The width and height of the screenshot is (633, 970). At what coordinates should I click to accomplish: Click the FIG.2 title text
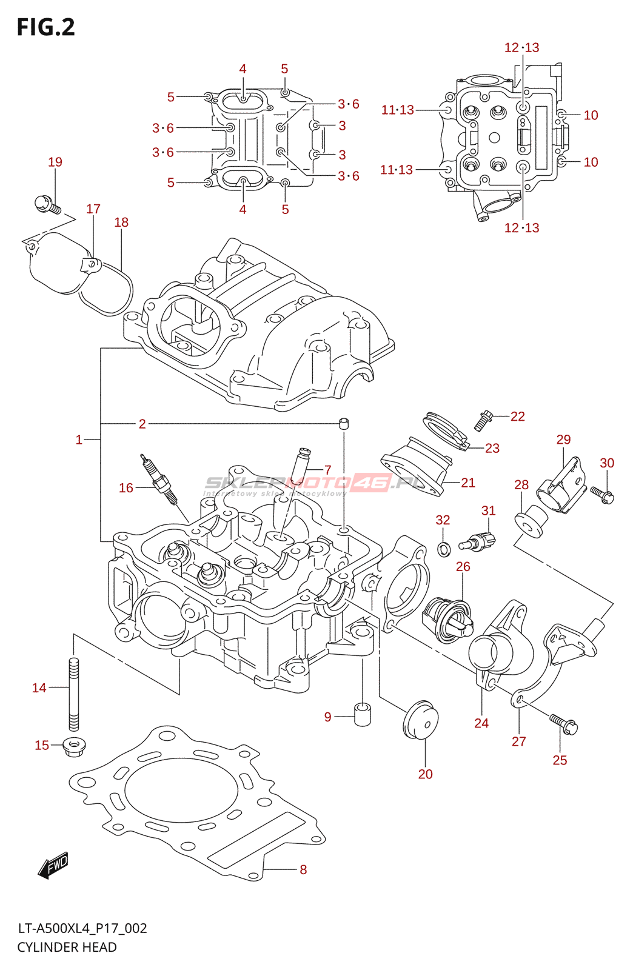pyautogui.click(x=46, y=27)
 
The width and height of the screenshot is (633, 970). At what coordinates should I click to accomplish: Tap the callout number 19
pyautogui.click(x=55, y=162)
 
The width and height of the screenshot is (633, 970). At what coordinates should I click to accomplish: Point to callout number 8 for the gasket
pyautogui.click(x=303, y=869)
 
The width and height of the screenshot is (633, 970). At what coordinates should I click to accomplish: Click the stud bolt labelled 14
pyautogui.click(x=73, y=695)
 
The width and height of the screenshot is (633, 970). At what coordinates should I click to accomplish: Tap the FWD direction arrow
pyautogui.click(x=53, y=865)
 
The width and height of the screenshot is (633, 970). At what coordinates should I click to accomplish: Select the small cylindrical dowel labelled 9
pyautogui.click(x=363, y=714)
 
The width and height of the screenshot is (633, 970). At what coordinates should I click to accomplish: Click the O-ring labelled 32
pyautogui.click(x=444, y=549)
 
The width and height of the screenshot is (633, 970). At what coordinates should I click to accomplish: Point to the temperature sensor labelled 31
pyautogui.click(x=478, y=540)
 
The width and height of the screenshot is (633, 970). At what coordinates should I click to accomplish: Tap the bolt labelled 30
pyautogui.click(x=603, y=495)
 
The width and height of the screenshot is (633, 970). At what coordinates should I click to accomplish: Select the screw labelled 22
pyautogui.click(x=483, y=420)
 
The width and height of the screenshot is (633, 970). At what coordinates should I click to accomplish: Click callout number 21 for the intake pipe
pyautogui.click(x=468, y=483)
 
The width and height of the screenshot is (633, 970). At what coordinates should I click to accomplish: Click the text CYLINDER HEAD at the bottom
pyautogui.click(x=67, y=947)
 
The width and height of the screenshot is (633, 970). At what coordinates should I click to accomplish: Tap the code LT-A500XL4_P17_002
pyautogui.click(x=82, y=928)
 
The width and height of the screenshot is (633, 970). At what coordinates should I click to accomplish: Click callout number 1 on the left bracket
pyautogui.click(x=79, y=440)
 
